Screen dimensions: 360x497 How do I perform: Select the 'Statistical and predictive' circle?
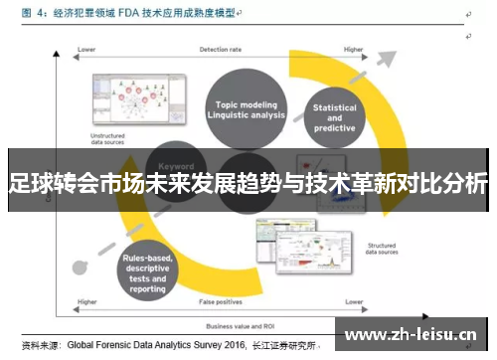pyautogui.click(x=334, y=117)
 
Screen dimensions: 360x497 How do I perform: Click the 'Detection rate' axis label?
pyautogui.click(x=220, y=49)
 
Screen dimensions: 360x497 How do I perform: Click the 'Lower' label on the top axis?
pyautogui.click(x=86, y=49)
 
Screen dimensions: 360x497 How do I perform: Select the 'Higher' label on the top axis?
pyautogui.click(x=353, y=49)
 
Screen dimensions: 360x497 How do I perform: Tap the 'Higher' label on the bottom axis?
pyautogui.click(x=86, y=300)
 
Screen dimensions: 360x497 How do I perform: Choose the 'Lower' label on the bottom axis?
pyautogui.click(x=354, y=300)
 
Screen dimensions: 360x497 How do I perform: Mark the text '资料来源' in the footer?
pyautogui.click(x=42, y=346)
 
